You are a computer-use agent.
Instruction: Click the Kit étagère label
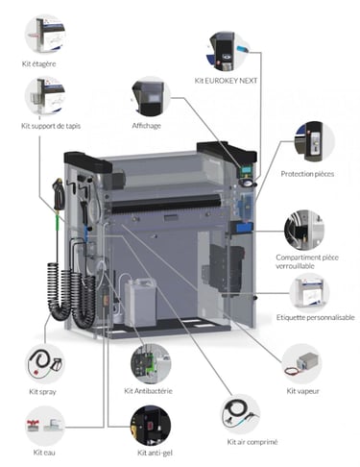[x=38, y=63]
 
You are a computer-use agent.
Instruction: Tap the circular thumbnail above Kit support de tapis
[x=45, y=96]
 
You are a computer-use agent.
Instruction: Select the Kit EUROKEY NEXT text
[x=226, y=81]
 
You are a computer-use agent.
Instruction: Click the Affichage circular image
[x=151, y=97]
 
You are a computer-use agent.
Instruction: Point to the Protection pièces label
[x=307, y=174]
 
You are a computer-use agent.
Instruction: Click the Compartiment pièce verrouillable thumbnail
[x=304, y=231]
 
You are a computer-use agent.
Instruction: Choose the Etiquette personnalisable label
[x=316, y=317]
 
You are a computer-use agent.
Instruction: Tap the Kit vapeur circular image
[x=301, y=364]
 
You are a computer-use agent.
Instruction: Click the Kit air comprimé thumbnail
[x=240, y=414]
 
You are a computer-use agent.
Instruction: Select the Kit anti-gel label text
[x=155, y=453]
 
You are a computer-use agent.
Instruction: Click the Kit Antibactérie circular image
[x=151, y=364]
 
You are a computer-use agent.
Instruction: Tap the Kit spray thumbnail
[x=45, y=364]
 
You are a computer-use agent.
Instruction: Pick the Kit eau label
[x=44, y=453]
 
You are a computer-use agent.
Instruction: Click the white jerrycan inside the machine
[x=140, y=302]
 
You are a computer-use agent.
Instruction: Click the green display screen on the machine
[x=246, y=170]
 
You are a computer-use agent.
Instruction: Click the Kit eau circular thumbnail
[x=45, y=426]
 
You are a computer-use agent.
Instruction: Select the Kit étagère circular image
[x=45, y=34]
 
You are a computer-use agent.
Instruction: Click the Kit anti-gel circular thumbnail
[x=151, y=426]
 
